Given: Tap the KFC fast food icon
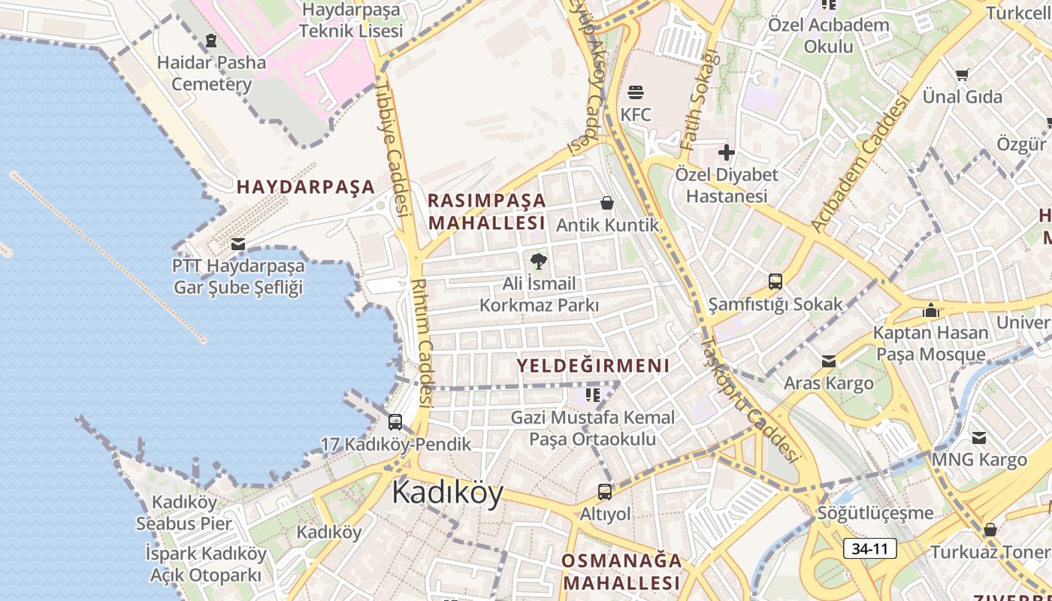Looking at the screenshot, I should click(636, 92).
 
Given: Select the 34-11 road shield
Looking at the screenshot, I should click(869, 548).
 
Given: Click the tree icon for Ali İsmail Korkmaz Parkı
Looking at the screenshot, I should click(538, 261).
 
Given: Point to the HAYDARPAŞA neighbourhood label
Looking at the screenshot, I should click(306, 187).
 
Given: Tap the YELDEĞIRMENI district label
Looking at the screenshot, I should click(592, 366).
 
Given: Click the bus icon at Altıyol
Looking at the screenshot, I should click(605, 492).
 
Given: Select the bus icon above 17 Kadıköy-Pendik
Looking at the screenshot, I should click(395, 422).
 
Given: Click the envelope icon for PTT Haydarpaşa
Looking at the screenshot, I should click(238, 243).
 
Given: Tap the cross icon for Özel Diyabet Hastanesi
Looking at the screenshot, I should click(726, 153).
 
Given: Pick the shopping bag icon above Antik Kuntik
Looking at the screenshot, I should click(607, 203).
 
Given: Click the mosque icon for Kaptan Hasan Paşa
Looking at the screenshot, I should click(931, 310).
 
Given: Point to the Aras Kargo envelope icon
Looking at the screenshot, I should click(829, 361).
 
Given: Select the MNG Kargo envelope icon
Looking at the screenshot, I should click(979, 437).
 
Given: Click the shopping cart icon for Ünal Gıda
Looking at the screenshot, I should click(962, 74).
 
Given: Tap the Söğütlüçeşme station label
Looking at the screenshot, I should click(875, 513).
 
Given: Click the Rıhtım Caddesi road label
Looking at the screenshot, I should click(422, 342).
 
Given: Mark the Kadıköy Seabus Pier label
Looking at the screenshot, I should click(184, 512).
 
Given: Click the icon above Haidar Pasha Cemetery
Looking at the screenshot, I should click(211, 41).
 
